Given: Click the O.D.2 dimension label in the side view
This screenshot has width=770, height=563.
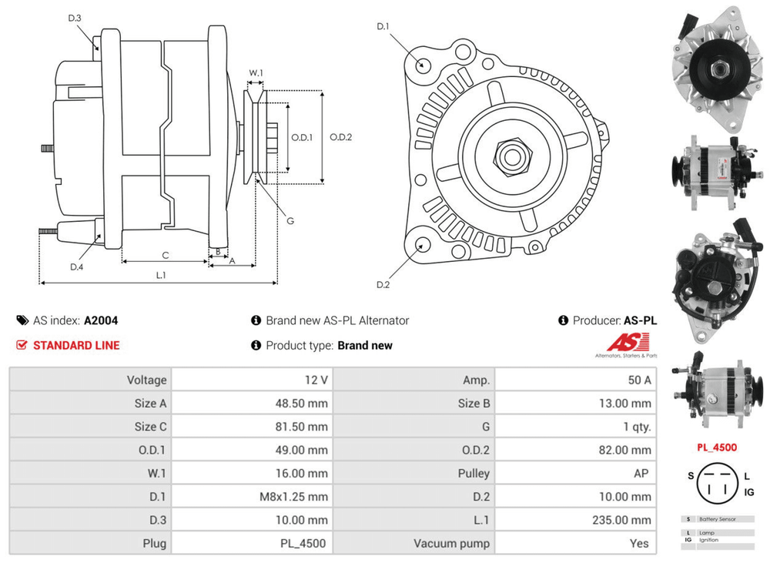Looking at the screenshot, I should (340, 138).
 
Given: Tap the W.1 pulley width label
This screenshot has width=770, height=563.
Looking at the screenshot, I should (256, 74).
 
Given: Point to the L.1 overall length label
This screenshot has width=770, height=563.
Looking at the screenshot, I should (161, 274).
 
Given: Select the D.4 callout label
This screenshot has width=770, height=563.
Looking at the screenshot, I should (76, 266).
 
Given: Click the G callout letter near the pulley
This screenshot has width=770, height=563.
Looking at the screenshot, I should (290, 221).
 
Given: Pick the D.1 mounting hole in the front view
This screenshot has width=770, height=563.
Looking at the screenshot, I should (422, 64).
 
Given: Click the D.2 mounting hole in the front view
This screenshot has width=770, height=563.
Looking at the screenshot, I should (422, 246).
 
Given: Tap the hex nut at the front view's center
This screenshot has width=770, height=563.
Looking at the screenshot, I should (511, 156).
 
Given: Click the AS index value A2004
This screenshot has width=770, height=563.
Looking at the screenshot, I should (101, 320).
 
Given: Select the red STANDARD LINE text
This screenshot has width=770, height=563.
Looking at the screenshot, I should (76, 345).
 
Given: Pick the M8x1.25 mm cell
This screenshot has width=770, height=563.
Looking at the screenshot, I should (293, 497).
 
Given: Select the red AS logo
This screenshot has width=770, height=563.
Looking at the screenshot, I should (628, 341).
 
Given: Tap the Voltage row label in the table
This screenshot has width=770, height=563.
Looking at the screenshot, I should (146, 380).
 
